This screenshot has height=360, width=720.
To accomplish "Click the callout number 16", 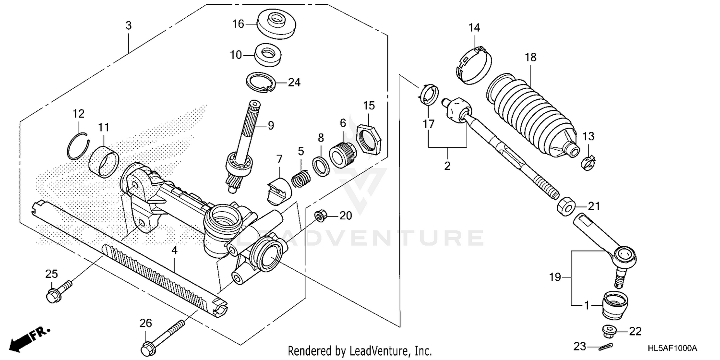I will click(x=239, y=24).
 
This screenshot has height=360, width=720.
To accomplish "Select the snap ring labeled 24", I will click(x=261, y=83).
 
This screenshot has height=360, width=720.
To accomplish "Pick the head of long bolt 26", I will click(x=147, y=346).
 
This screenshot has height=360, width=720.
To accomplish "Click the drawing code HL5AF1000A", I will click(x=671, y=347).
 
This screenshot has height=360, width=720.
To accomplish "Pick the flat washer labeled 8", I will click(x=320, y=165).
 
